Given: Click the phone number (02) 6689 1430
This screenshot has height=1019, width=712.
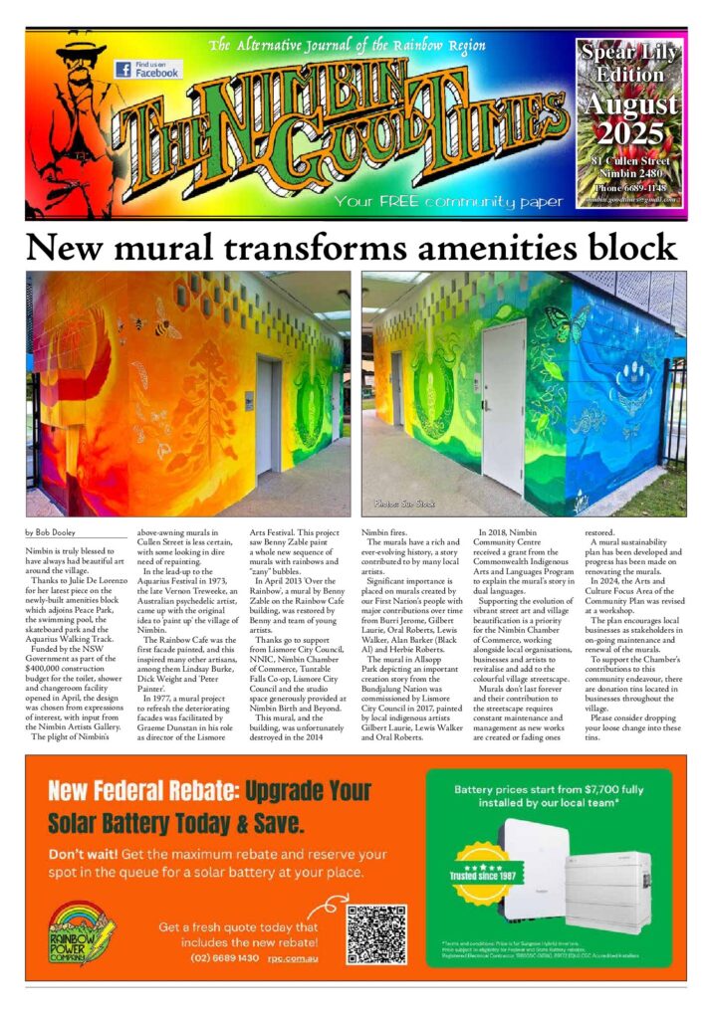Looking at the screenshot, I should [225, 958].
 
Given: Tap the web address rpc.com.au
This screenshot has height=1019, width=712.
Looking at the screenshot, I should [296, 958].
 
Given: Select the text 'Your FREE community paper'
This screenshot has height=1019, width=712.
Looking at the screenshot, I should [449, 202].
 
